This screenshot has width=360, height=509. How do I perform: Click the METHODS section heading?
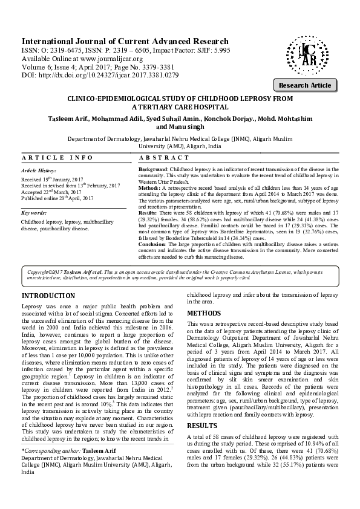(x=205, y=314)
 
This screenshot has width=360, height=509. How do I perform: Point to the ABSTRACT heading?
(x=160, y=157)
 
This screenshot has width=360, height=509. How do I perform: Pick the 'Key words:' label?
(x=34, y=213)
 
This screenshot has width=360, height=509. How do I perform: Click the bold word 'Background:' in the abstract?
(x=154, y=170)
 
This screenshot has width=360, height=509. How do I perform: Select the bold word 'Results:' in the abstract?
(x=148, y=213)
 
